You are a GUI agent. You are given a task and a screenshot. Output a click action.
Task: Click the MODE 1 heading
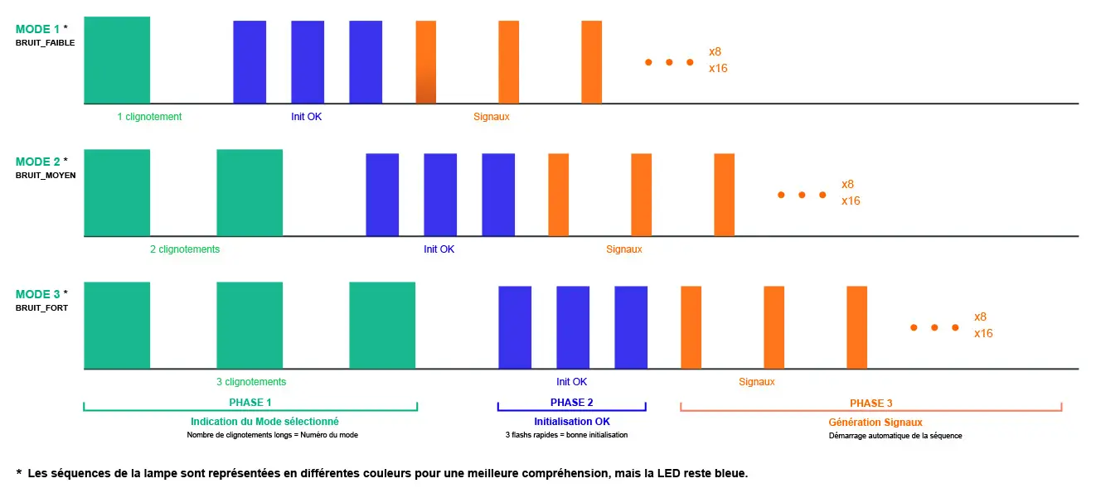coord(37,30)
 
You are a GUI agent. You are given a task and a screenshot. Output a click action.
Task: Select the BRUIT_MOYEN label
coord(46,176)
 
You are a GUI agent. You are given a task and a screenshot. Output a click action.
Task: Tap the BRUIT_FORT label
coord(41,308)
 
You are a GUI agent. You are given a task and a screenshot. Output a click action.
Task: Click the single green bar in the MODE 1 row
coord(117,60)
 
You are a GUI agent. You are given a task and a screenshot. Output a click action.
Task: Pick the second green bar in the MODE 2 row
coord(250,192)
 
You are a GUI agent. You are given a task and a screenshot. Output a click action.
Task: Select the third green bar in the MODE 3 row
coord(382,325)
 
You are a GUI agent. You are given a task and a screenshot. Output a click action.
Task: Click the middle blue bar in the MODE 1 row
coord(308,62)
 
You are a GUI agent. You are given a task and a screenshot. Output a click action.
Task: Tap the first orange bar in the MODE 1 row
coord(426,62)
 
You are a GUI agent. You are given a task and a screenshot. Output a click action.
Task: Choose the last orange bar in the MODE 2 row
coord(725,195)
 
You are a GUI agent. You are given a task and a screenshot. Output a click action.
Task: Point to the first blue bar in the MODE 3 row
coord(515,327)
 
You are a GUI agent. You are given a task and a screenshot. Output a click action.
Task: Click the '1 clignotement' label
coord(149,117)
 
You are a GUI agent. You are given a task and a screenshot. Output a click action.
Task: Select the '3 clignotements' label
coord(251,382)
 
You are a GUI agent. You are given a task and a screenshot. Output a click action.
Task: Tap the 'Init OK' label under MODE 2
coord(439,249)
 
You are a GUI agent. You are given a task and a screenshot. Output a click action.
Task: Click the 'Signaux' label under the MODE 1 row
coord(492,117)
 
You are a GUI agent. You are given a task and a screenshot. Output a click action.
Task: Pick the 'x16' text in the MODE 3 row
coord(983,333)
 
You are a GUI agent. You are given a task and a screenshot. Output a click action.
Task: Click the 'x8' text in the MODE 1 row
coord(715,51)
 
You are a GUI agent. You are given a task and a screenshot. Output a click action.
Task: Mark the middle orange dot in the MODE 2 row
coord(803,195)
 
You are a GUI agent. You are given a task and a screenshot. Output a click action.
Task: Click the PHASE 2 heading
coord(571,403)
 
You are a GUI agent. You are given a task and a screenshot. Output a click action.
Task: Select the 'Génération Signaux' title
coord(875,423)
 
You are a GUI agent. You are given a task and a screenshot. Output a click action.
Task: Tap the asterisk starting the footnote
coord(19,472)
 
